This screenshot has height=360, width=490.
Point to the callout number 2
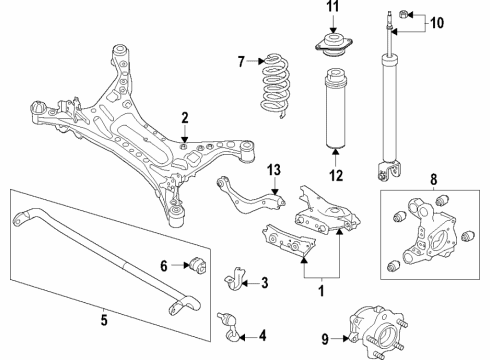tap(184, 119)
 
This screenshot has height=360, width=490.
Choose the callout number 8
tap(433, 182)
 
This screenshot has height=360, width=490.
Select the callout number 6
tap(163, 265)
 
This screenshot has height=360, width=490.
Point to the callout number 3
tap(263, 283)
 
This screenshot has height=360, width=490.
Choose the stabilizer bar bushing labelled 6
tap(197, 266)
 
